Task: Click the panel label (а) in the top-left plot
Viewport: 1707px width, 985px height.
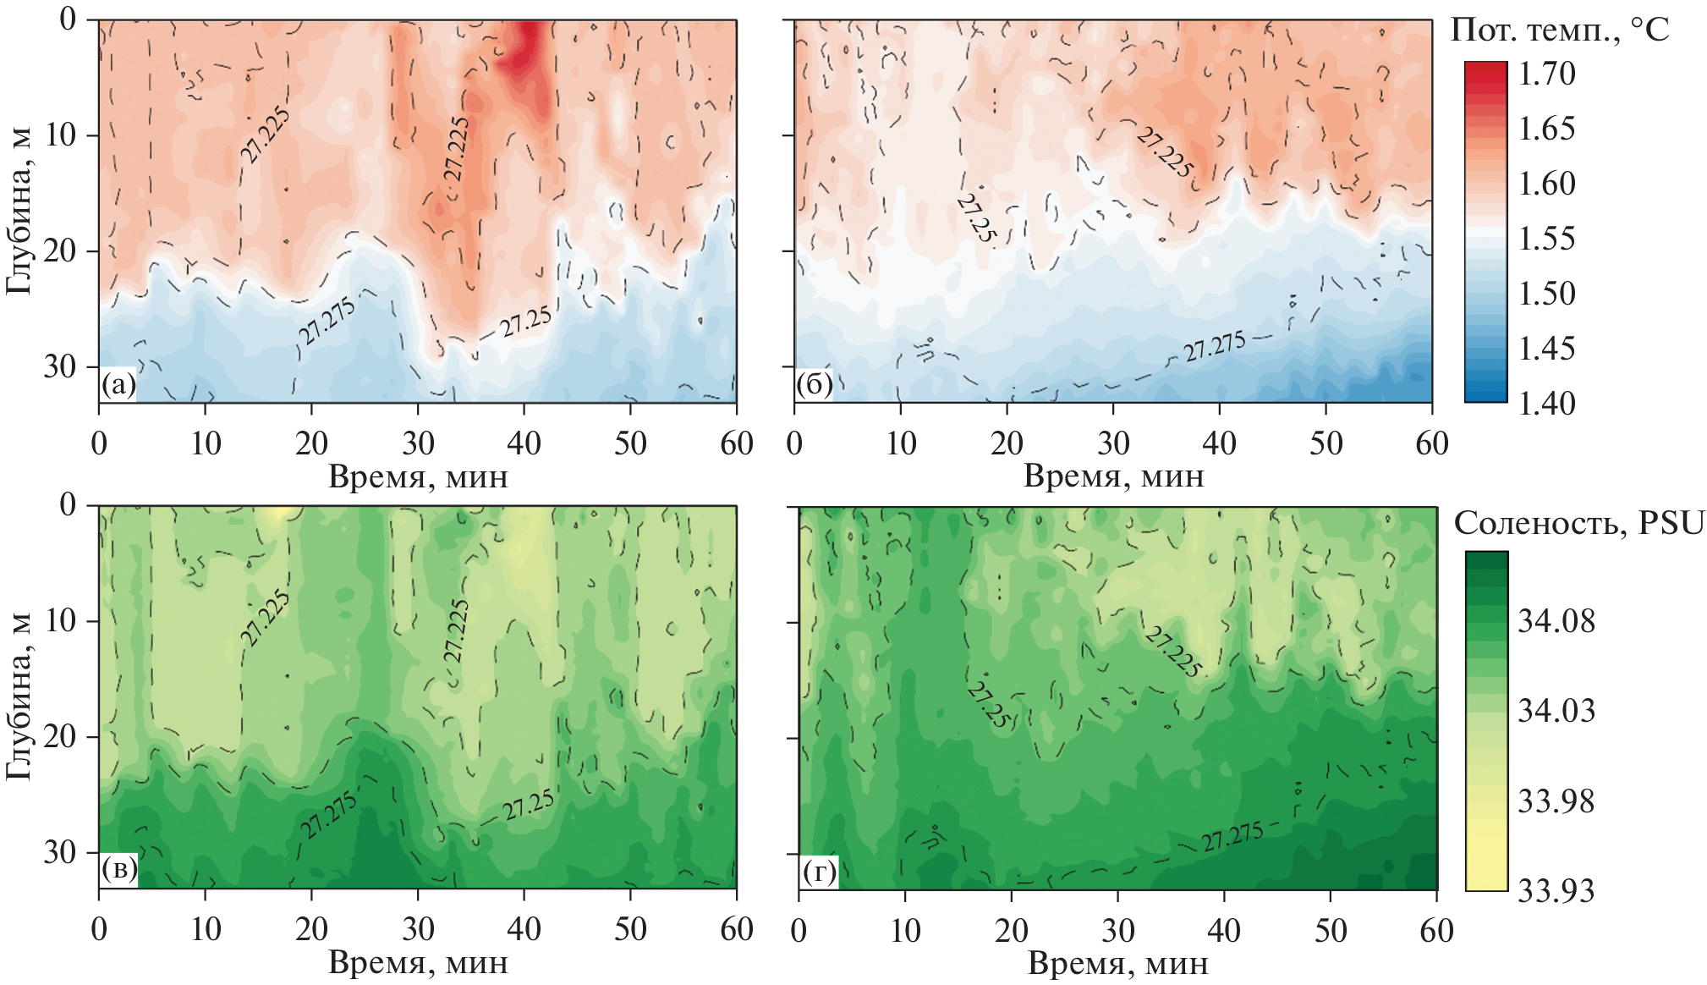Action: tap(118, 386)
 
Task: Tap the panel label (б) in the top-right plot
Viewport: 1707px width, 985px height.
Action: tap(814, 386)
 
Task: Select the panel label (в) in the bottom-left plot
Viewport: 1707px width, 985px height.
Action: tap(118, 871)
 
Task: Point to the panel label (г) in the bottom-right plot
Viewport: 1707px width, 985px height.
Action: tap(819, 872)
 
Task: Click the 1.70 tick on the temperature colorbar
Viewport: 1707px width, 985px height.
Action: tap(1546, 74)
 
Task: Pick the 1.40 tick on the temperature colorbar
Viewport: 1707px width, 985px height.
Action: tap(1546, 403)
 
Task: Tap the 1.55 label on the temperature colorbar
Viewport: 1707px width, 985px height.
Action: tap(1546, 239)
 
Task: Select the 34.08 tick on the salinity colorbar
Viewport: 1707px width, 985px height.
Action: tap(1556, 621)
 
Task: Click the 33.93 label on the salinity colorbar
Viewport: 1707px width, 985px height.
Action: tap(1556, 890)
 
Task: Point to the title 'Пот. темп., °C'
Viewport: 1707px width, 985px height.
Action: tap(1560, 30)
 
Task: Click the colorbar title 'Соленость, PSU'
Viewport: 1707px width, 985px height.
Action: tap(1578, 524)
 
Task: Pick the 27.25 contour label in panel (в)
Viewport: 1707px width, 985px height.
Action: tap(529, 805)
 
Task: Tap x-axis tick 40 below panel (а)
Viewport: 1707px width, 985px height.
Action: tap(524, 443)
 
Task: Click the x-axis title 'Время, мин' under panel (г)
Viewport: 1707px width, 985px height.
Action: tap(1117, 963)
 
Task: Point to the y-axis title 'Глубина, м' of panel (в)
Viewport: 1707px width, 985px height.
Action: tap(19, 696)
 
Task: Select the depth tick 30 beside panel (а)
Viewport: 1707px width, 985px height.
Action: tap(59, 366)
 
